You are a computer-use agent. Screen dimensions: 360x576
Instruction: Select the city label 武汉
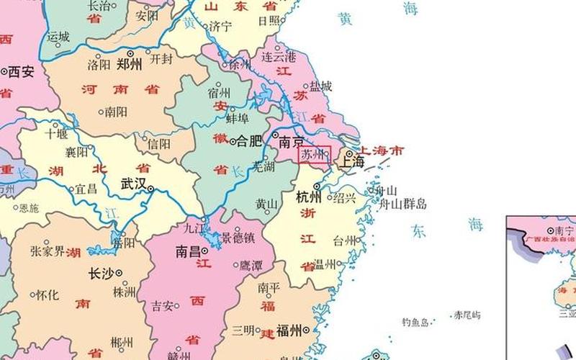[133, 184]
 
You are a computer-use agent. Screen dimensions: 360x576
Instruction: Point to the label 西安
[22, 72]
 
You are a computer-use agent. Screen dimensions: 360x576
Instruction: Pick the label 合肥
[249, 141]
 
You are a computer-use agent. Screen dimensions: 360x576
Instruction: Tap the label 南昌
[189, 252]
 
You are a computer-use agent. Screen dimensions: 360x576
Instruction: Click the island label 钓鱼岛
[415, 323]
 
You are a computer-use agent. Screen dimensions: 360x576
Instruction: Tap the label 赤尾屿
[467, 315]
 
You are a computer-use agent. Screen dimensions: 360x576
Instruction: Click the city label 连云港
[279, 57]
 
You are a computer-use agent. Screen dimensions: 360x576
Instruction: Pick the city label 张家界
[47, 251]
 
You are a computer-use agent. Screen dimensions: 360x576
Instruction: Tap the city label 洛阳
[99, 64]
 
